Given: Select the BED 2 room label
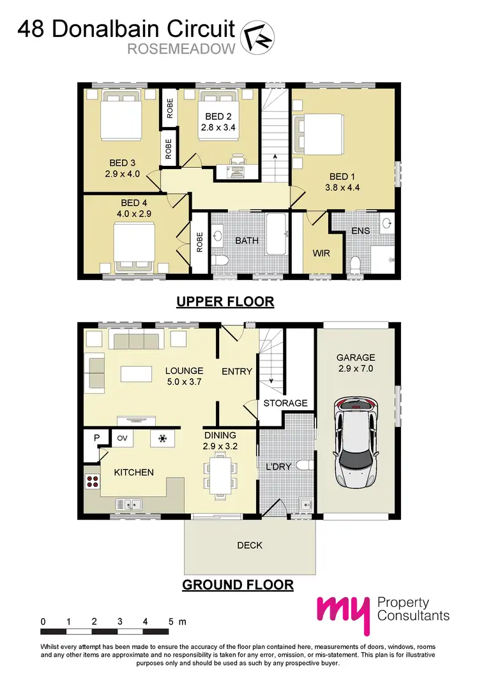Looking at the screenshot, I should [218, 117].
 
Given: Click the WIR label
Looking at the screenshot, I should [321, 253].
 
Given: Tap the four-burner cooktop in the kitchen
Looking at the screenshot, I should [91, 481].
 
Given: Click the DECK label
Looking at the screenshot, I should [249, 545].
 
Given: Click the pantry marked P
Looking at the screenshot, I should [96, 438].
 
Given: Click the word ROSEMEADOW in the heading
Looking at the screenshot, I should [182, 49].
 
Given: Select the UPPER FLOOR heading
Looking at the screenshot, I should [225, 301].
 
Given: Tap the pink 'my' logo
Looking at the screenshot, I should [342, 614].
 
